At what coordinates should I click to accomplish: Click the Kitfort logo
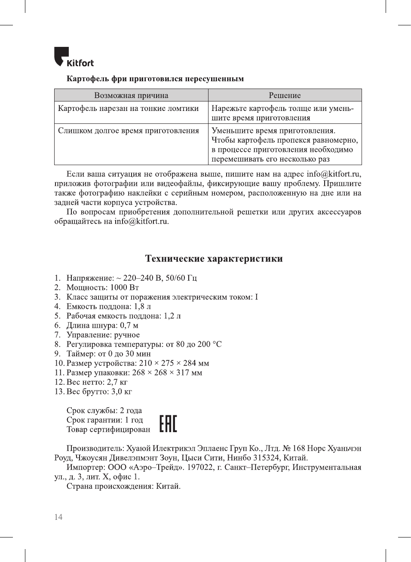pyautogui.click(x=74, y=57)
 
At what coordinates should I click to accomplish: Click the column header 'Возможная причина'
pyautogui.click(x=131, y=95)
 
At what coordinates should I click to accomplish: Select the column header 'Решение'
pyautogui.click(x=285, y=95)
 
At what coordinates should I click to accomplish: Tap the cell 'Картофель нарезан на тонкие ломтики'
pyautogui.click(x=128, y=108)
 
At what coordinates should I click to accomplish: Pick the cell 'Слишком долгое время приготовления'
pyautogui.click(x=128, y=131)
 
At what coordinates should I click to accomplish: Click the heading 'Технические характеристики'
pyautogui.click(x=214, y=259)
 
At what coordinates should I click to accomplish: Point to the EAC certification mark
pyautogui.click(x=168, y=424)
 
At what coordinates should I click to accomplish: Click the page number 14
pyautogui.click(x=58, y=517)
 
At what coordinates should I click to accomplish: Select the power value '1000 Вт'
pyautogui.click(x=125, y=288)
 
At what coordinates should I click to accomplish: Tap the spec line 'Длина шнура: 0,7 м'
pyautogui.click(x=102, y=326)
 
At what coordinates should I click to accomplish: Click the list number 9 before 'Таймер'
pyautogui.click(x=57, y=354)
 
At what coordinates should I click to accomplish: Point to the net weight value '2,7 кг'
pyautogui.click(x=117, y=382)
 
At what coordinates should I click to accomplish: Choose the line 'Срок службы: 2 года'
pyautogui.click(x=104, y=411)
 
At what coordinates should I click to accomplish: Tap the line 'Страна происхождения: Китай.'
pyautogui.click(x=123, y=486)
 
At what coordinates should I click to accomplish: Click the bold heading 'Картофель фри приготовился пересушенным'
pyautogui.click(x=155, y=79)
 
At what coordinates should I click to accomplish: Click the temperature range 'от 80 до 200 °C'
pyautogui.click(x=193, y=344)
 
